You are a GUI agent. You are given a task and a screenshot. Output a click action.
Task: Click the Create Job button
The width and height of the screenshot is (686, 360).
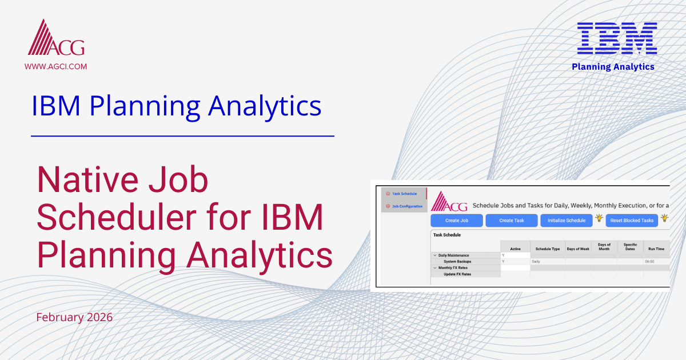[456, 221]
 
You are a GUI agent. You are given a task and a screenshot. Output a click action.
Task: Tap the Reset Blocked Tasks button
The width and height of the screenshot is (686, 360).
[631, 221]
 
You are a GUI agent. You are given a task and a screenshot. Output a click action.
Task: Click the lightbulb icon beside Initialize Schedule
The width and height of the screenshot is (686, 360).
[599, 218]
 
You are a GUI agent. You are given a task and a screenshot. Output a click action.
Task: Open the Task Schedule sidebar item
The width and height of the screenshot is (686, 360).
[404, 194]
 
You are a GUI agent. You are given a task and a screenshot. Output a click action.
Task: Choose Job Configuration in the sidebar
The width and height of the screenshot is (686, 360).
[406, 206]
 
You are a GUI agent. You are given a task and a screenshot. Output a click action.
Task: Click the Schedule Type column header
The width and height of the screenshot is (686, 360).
[547, 249]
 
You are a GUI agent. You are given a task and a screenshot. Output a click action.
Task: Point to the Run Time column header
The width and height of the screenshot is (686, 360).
[656, 249]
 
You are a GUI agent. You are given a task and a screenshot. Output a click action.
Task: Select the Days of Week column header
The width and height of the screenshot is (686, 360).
[577, 249]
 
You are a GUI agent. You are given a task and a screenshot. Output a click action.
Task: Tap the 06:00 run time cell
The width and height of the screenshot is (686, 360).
[649, 262]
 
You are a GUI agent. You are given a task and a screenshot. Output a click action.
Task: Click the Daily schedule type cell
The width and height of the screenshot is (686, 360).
[536, 262]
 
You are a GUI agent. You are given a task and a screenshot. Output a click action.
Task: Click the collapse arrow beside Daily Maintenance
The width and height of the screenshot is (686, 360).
[434, 255]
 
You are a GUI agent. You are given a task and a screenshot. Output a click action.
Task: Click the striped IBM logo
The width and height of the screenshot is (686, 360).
[616, 39]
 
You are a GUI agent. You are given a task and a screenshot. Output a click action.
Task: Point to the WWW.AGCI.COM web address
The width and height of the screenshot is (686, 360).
[55, 66]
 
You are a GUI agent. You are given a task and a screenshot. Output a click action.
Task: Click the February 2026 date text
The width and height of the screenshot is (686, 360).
[74, 317]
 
